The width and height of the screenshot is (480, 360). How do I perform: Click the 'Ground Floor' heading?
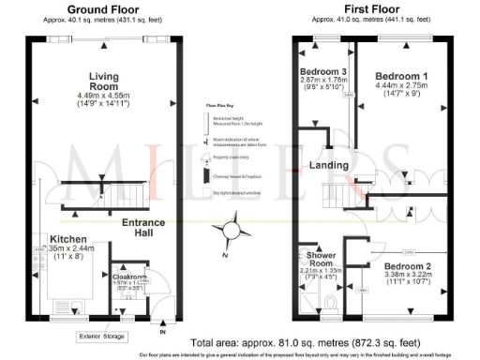pos(98,9)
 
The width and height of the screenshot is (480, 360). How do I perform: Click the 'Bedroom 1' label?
pos(400,75)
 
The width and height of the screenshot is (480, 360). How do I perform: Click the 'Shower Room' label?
pos(317,258)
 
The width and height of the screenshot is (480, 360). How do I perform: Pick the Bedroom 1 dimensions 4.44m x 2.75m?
pos(400,85)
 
